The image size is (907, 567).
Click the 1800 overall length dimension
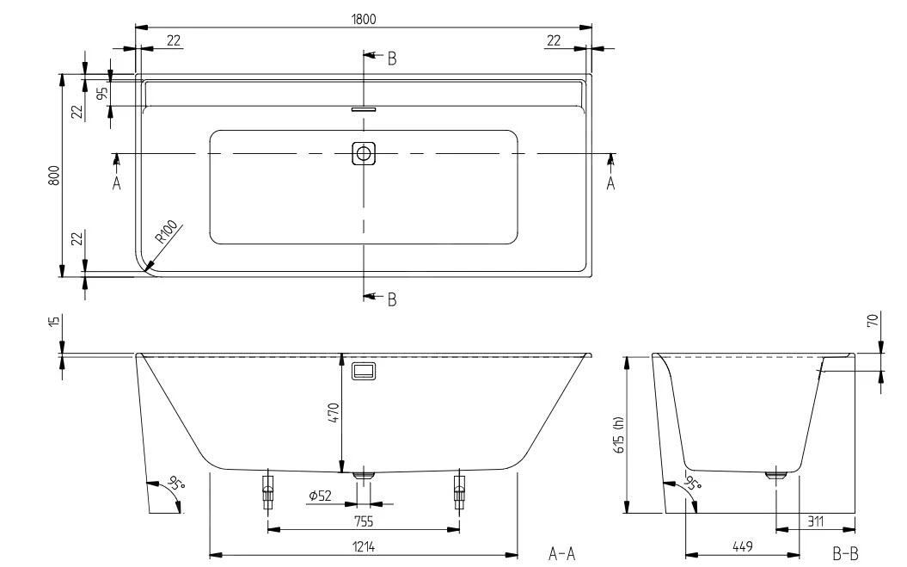click(x=364, y=19)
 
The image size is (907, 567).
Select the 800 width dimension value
click(x=54, y=176)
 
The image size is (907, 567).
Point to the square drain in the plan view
click(x=364, y=153)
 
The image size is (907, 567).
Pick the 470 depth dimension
click(x=334, y=413)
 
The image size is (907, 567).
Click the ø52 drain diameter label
click(x=320, y=496)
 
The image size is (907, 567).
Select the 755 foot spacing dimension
click(x=364, y=521)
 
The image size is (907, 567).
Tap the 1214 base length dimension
click(x=364, y=546)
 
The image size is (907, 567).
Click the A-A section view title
click(x=561, y=554)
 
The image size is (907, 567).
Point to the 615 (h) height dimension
click(x=620, y=434)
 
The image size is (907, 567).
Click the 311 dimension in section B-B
click(x=815, y=521)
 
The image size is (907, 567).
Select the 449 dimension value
click(x=742, y=546)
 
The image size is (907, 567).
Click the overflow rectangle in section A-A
click(x=364, y=371)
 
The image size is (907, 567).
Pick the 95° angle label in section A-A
click(x=175, y=483)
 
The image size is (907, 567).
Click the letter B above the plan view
click(x=392, y=59)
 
